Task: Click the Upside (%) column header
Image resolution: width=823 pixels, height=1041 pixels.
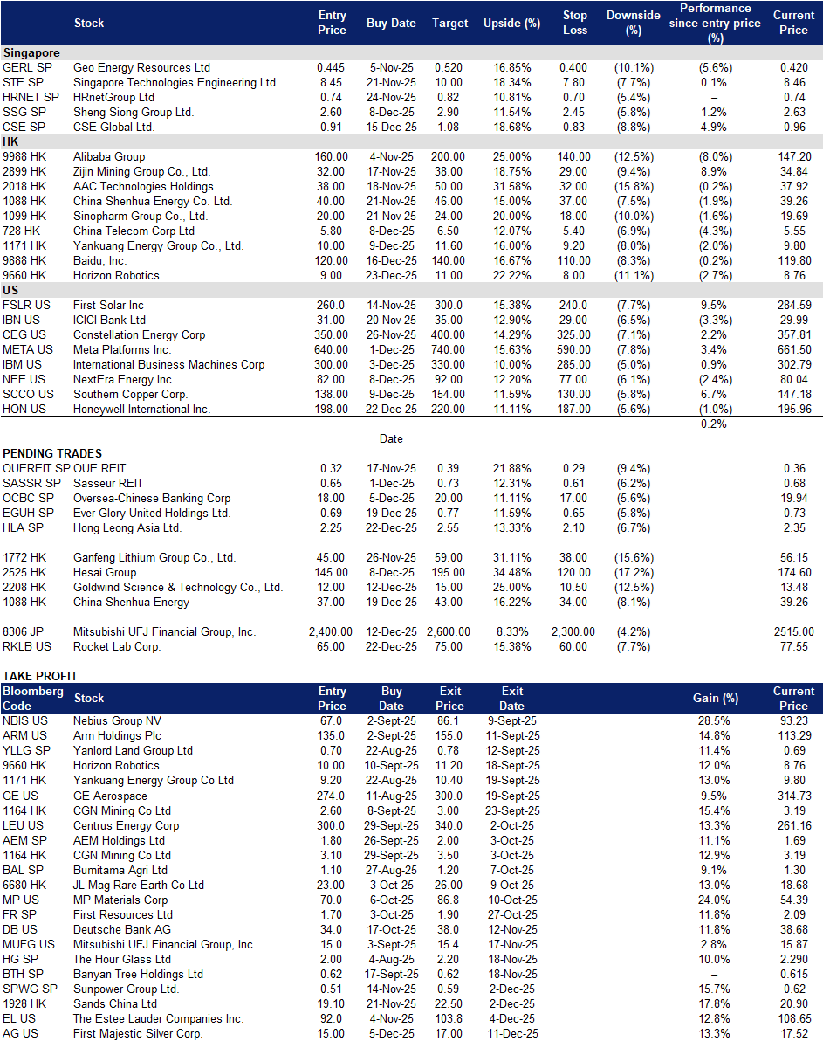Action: pyautogui.click(x=511, y=24)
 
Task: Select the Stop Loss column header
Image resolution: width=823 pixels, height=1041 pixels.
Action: pyautogui.click(x=575, y=23)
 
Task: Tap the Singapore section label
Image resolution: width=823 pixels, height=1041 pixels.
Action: pyautogui.click(x=31, y=53)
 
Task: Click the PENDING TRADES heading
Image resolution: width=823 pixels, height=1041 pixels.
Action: pyautogui.click(x=52, y=453)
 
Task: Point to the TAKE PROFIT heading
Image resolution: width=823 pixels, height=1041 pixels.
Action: pyautogui.click(x=40, y=676)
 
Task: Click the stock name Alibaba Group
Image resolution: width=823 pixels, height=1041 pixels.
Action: pyautogui.click(x=109, y=156)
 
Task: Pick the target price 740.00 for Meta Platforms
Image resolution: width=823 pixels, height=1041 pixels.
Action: pyautogui.click(x=448, y=350)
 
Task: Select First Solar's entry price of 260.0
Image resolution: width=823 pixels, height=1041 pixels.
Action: pyautogui.click(x=331, y=306)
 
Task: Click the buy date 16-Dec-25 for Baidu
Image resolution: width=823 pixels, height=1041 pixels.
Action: pyautogui.click(x=392, y=261)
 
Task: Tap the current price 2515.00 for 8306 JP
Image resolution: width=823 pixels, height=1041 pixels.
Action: pyautogui.click(x=794, y=632)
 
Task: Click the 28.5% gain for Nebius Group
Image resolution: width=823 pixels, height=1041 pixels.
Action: pyautogui.click(x=714, y=721)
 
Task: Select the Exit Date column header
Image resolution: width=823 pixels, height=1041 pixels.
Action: pyautogui.click(x=511, y=699)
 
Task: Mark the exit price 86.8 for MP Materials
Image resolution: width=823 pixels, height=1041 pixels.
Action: pyautogui.click(x=449, y=900)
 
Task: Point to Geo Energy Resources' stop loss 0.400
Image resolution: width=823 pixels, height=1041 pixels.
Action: pyautogui.click(x=573, y=68)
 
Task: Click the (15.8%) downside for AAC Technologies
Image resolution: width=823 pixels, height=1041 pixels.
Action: pyautogui.click(x=634, y=187)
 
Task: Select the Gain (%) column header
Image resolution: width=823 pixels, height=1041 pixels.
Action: pyautogui.click(x=716, y=699)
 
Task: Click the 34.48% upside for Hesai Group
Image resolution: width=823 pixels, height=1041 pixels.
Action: pyautogui.click(x=511, y=572)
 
